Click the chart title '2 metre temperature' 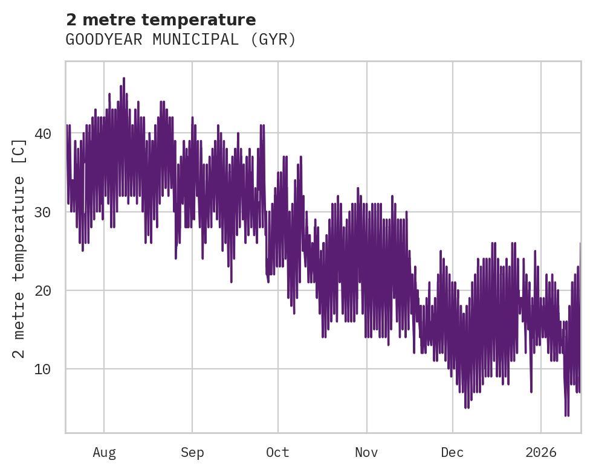161,20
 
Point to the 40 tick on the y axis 43,133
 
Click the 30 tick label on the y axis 43,212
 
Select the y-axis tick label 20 43,291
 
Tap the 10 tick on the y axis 43,369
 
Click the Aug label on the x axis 104,453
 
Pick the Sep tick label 192,453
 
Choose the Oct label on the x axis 278,453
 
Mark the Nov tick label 367,453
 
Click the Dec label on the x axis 452,453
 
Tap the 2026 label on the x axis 541,453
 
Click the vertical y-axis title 20,247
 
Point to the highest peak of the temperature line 124,78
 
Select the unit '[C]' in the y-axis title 20,151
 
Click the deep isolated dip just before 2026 531,391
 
